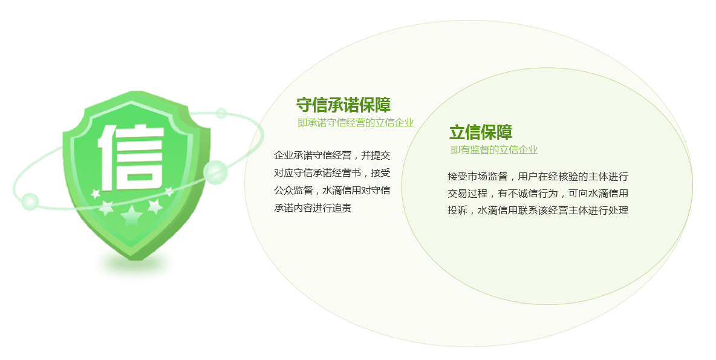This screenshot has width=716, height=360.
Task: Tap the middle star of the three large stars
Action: (131, 215)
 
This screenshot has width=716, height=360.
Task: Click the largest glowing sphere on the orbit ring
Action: (215, 172)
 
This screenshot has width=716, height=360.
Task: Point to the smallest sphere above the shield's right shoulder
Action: (221, 113)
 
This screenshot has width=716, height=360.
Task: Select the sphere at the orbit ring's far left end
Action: (30, 202)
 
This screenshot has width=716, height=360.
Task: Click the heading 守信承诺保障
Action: (343, 105)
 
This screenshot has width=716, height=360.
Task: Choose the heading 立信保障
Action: (481, 132)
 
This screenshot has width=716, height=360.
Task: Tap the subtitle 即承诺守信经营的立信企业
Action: (356, 122)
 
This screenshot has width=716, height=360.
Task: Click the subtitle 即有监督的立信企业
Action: (494, 150)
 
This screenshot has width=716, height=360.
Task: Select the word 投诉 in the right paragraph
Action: (457, 211)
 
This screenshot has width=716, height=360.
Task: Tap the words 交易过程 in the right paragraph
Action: (467, 194)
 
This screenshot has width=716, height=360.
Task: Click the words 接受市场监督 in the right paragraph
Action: (478, 177)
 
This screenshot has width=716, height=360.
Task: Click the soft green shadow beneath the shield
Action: (132, 265)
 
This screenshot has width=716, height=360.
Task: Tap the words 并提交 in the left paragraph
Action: (376, 155)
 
